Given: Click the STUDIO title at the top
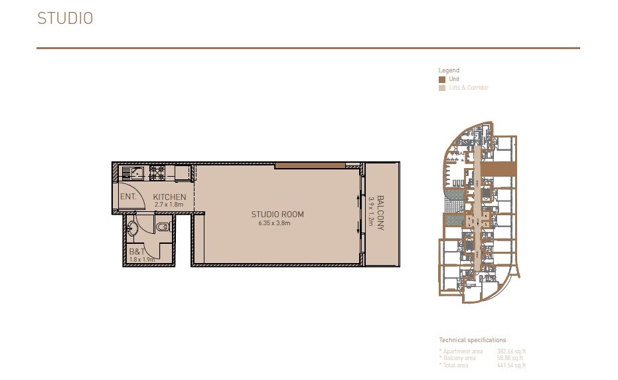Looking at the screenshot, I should click(64, 19).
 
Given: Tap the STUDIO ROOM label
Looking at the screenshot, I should click(277, 214).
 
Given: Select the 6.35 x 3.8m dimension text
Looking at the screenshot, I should click(275, 223).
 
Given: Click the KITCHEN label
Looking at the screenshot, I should click(169, 197).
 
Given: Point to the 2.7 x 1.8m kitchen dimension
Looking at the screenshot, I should click(168, 205).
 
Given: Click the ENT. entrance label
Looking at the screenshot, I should click(128, 197).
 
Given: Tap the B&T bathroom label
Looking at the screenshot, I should click(137, 252).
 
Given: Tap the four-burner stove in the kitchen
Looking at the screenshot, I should click(158, 173).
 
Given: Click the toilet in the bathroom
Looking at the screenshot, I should click(161, 228).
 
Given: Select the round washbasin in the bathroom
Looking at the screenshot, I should click(133, 229).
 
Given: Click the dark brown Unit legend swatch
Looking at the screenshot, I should click(442, 79).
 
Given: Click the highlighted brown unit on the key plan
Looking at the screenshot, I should click(499, 169).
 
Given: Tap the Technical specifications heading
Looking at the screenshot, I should click(472, 340).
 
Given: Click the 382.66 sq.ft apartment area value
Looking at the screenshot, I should click(511, 351).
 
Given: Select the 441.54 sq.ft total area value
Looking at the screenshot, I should click(511, 365).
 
